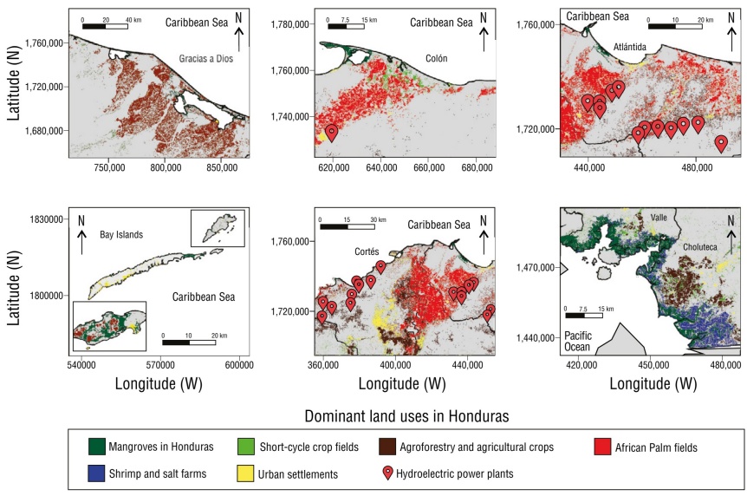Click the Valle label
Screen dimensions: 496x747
(x=660, y=219)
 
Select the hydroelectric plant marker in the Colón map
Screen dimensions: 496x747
(x=331, y=133)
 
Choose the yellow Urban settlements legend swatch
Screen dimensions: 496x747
(x=246, y=473)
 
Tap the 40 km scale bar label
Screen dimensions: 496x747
(x=133, y=18)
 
